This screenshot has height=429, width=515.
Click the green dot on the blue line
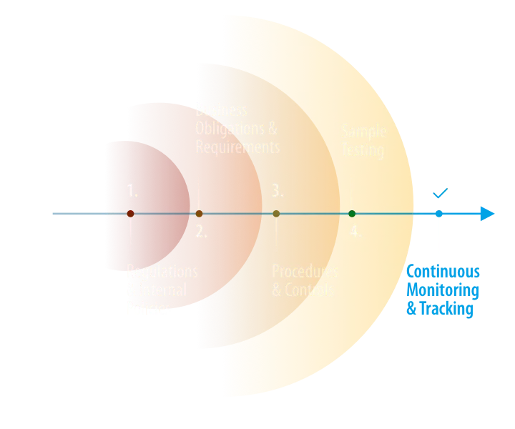click(x=352, y=214)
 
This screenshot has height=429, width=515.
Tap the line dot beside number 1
click(x=130, y=214)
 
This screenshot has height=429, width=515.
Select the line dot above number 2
click(x=200, y=214)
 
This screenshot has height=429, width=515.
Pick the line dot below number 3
click(x=276, y=214)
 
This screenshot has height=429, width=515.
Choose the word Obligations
click(x=230, y=129)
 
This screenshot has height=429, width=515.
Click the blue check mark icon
click(x=439, y=192)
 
